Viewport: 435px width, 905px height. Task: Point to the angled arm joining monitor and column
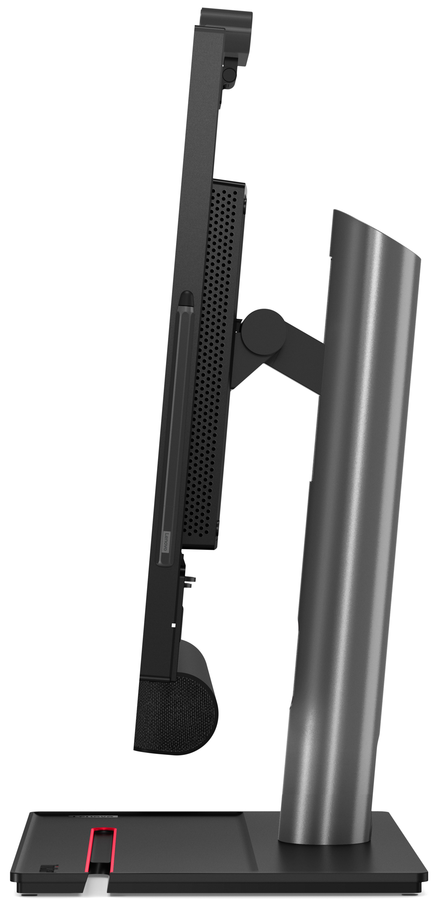pos(299,362)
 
